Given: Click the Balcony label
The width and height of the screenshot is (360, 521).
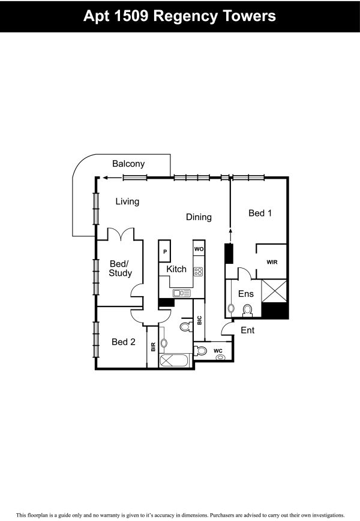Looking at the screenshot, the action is click(128, 164).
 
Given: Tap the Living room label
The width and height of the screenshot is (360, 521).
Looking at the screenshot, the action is click(127, 201).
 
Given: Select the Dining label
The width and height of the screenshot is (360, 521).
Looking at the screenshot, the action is click(199, 217).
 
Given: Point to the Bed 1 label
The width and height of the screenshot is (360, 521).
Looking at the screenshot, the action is click(260, 213).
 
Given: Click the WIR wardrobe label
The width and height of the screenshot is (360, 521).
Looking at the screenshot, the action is click(272, 262).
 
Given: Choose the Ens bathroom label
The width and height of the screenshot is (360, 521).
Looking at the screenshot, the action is click(246, 294).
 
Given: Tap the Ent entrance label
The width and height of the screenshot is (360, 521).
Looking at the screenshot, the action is click(248, 330).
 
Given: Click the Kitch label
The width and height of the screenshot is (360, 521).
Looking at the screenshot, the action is click(176, 269).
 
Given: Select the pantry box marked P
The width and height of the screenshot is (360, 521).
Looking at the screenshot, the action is click(165, 251).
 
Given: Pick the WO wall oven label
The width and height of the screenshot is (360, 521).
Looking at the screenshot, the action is click(199, 249).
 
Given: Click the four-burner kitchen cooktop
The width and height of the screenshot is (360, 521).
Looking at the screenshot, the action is click(198, 272).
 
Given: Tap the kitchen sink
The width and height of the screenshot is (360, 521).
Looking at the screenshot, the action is click(181, 293).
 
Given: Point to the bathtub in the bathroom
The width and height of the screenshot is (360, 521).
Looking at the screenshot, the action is click(174, 360).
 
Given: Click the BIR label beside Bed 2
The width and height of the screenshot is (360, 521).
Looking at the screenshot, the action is click(153, 347).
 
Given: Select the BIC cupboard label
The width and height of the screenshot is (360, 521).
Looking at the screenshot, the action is click(199, 320).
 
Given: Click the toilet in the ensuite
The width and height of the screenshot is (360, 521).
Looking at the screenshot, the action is click(247, 311).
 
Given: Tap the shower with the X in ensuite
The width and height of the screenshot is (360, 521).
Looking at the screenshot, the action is click(274, 291).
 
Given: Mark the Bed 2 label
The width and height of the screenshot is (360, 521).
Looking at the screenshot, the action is click(124, 342).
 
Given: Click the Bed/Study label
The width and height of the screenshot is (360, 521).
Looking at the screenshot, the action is click(121, 269).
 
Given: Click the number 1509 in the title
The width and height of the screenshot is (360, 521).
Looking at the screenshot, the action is click(131, 16).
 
